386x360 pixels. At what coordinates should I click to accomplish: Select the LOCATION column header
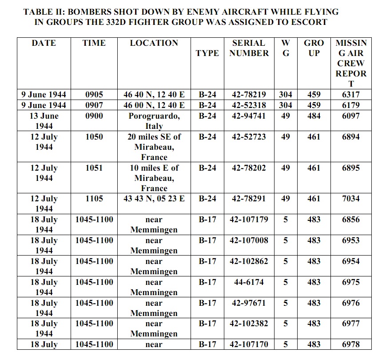click(154, 43)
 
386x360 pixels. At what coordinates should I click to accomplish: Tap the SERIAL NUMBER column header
click(249, 48)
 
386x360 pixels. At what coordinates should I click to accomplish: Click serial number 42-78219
click(249, 94)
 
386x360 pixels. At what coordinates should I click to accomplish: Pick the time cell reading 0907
click(94, 105)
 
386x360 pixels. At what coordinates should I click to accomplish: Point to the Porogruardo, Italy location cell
click(154, 120)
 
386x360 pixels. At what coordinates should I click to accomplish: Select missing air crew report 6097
click(351, 116)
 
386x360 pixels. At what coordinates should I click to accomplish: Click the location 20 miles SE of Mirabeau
click(154, 147)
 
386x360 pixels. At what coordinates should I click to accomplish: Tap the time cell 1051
click(94, 168)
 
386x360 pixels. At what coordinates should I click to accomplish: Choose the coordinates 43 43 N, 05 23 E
click(154, 199)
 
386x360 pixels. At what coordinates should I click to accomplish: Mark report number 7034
click(351, 199)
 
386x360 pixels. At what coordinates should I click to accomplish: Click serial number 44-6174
click(249, 282)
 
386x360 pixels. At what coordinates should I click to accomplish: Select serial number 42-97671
click(249, 303)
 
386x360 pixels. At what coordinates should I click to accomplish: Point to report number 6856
click(351, 220)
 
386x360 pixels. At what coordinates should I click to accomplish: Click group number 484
click(314, 116)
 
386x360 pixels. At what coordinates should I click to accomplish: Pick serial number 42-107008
click(249, 240)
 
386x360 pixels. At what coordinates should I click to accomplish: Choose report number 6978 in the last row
click(351, 344)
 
